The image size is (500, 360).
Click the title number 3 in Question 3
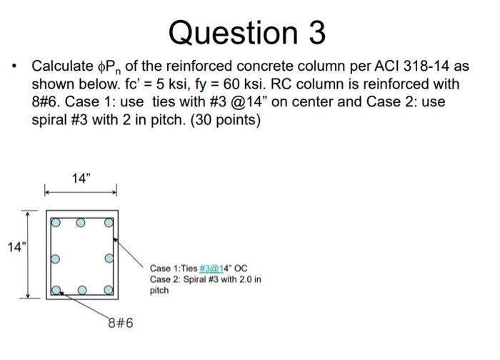coord(314,32)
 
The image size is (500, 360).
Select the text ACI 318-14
coord(416,66)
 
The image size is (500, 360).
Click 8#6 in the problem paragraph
coord(49,102)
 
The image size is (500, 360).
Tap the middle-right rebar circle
coord(109,257)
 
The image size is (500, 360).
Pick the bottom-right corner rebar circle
coord(109,290)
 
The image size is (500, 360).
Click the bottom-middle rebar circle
coord(81,291)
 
